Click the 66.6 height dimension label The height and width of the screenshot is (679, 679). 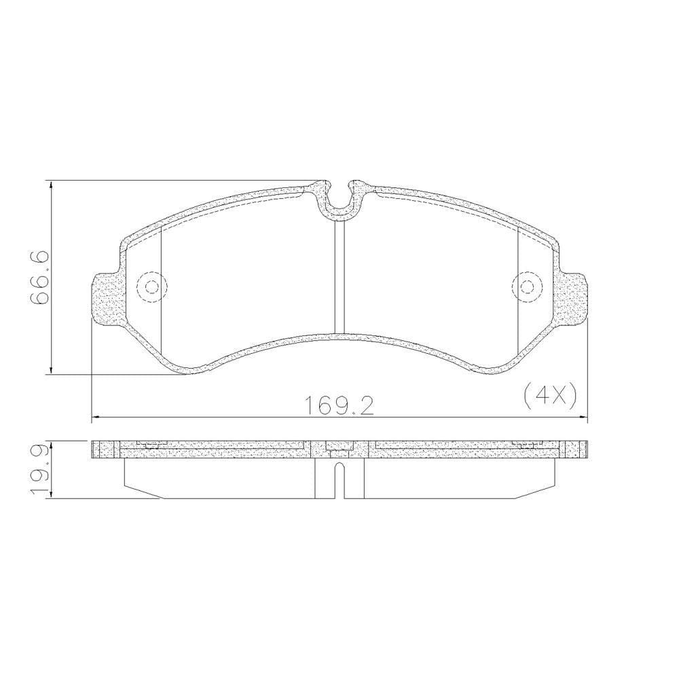[39, 278]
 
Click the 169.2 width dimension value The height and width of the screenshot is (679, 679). [340, 406]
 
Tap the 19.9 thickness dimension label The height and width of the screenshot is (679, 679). [39, 469]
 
